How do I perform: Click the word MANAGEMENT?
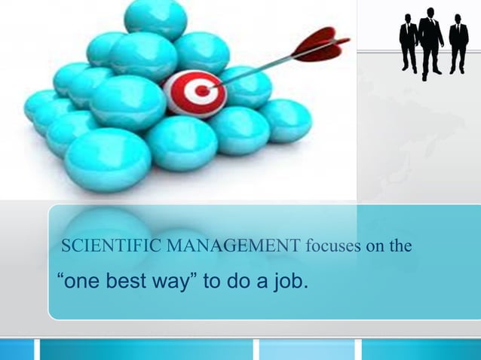tap(217, 245)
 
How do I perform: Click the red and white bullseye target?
tap(194, 93)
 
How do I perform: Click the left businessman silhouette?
tap(408, 43)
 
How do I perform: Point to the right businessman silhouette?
tap(458, 44)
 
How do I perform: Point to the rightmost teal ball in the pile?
tap(285, 120)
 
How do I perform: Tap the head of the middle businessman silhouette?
tap(430, 12)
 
